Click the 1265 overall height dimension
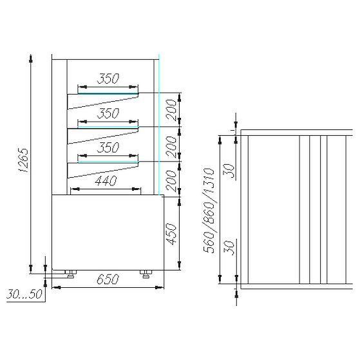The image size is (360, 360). point(23,160)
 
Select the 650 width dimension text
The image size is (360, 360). point(108,279)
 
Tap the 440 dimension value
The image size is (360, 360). point(106,181)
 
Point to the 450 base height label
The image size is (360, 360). point(171,234)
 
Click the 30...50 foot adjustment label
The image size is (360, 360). point(24,294)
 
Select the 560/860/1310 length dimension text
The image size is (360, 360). point(209,211)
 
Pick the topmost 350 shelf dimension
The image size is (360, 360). point(108,79)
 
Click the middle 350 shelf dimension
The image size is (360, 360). point(108,113)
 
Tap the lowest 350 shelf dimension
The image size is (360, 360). point(108,147)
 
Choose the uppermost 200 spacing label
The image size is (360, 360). point(171,109)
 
